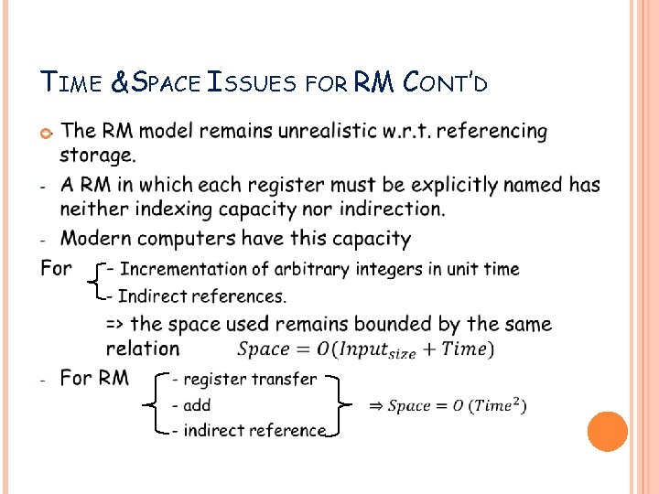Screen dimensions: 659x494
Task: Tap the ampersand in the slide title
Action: click(120, 84)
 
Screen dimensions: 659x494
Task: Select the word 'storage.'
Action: click(98, 155)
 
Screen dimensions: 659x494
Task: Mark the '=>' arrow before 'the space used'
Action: click(115, 324)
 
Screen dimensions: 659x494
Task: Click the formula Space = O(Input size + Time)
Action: click(365, 349)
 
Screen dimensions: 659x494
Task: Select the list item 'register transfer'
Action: click(250, 379)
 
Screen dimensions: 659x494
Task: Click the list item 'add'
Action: click(197, 404)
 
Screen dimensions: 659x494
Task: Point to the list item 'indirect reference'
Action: click(254, 430)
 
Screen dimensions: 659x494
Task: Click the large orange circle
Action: click(607, 431)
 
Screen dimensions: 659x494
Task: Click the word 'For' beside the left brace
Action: click(57, 268)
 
